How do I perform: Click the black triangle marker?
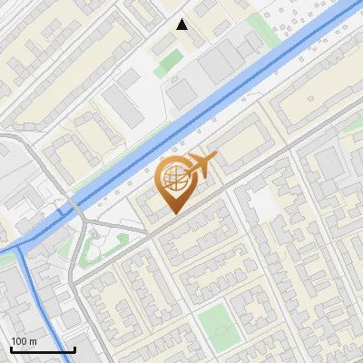pos(182,25)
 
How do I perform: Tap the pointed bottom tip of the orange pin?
pos(173,213)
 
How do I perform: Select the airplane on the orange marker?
pos(201,165)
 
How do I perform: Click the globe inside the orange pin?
pos(172,178)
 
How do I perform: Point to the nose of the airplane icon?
pos(216,158)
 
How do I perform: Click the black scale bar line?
pos(43,349)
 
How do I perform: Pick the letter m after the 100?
pos(34,340)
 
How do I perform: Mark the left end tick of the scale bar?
pos(11,348)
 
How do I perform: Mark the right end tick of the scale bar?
pos(74,348)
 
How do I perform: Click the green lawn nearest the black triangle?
pos(168,64)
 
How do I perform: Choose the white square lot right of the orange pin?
pos(262,205)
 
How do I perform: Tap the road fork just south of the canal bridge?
pos(84,224)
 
